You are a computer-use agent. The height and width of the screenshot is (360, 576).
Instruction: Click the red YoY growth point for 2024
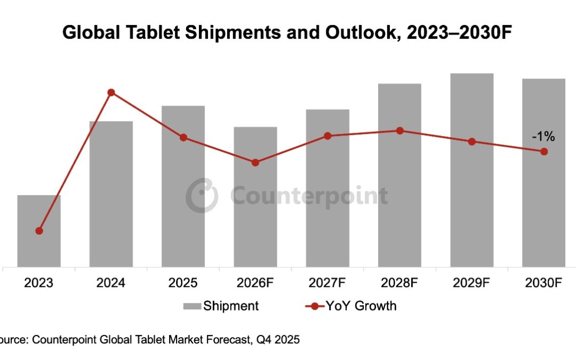[x=111, y=92]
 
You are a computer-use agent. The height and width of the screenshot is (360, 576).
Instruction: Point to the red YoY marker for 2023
[x=39, y=231]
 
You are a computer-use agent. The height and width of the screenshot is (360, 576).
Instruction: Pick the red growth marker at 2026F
[x=255, y=163]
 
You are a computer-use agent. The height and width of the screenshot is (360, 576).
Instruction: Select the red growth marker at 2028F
[x=400, y=131]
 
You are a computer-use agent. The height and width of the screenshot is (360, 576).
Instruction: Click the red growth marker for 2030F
[x=544, y=151]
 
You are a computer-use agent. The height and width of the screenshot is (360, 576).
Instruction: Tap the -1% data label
[x=543, y=137]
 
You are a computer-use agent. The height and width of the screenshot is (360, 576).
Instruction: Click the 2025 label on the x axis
[x=183, y=283]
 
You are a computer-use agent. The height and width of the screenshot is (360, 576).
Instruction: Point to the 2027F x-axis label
[x=327, y=283]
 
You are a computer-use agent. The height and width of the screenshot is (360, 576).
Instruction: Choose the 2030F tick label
[x=544, y=283]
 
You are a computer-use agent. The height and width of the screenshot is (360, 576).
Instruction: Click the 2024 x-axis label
[x=111, y=283]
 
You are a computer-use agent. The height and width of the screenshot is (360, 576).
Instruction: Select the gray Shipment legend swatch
[x=191, y=306]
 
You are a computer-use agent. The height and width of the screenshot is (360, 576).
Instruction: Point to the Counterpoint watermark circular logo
[x=202, y=196]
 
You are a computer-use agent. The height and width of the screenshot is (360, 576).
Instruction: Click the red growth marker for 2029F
[x=472, y=141]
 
